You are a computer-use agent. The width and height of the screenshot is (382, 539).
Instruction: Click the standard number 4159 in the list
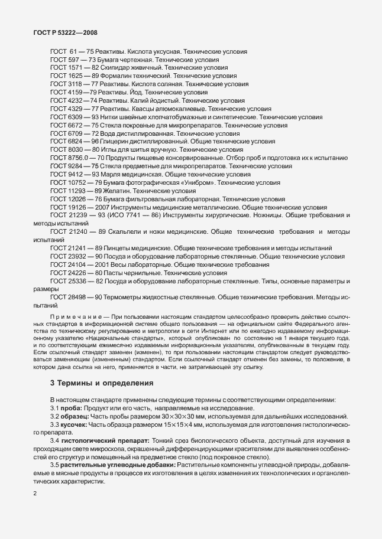[x=73, y=93]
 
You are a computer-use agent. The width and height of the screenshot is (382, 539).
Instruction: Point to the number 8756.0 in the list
[x=78, y=158]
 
